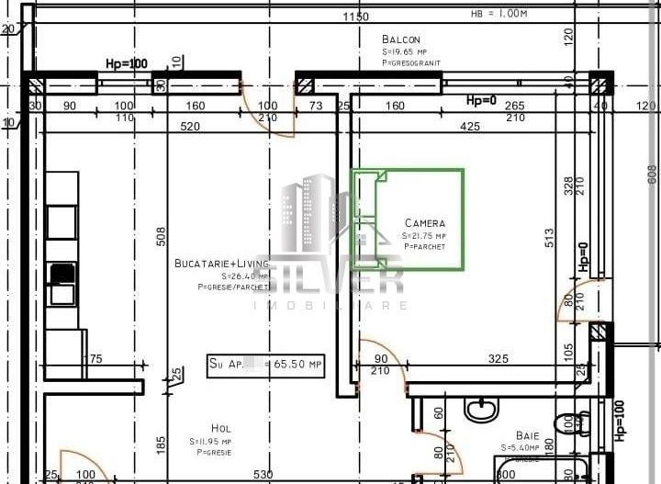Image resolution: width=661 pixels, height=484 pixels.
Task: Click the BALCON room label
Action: [401, 39]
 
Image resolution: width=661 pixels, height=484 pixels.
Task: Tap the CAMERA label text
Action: [424, 223]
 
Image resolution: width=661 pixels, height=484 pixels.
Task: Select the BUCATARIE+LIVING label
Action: [221, 264]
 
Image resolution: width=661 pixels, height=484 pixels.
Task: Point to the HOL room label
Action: [221, 428]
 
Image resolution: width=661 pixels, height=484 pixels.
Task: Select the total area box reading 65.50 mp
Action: [266, 365]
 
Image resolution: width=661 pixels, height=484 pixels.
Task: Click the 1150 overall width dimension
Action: [355, 17]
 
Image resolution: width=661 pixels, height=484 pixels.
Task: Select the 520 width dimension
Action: [190, 126]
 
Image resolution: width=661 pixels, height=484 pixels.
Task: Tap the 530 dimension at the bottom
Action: [263, 475]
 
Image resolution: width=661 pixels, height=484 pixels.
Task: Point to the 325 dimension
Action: [499, 359]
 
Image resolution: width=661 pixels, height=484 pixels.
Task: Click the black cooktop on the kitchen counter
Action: [62, 273]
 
